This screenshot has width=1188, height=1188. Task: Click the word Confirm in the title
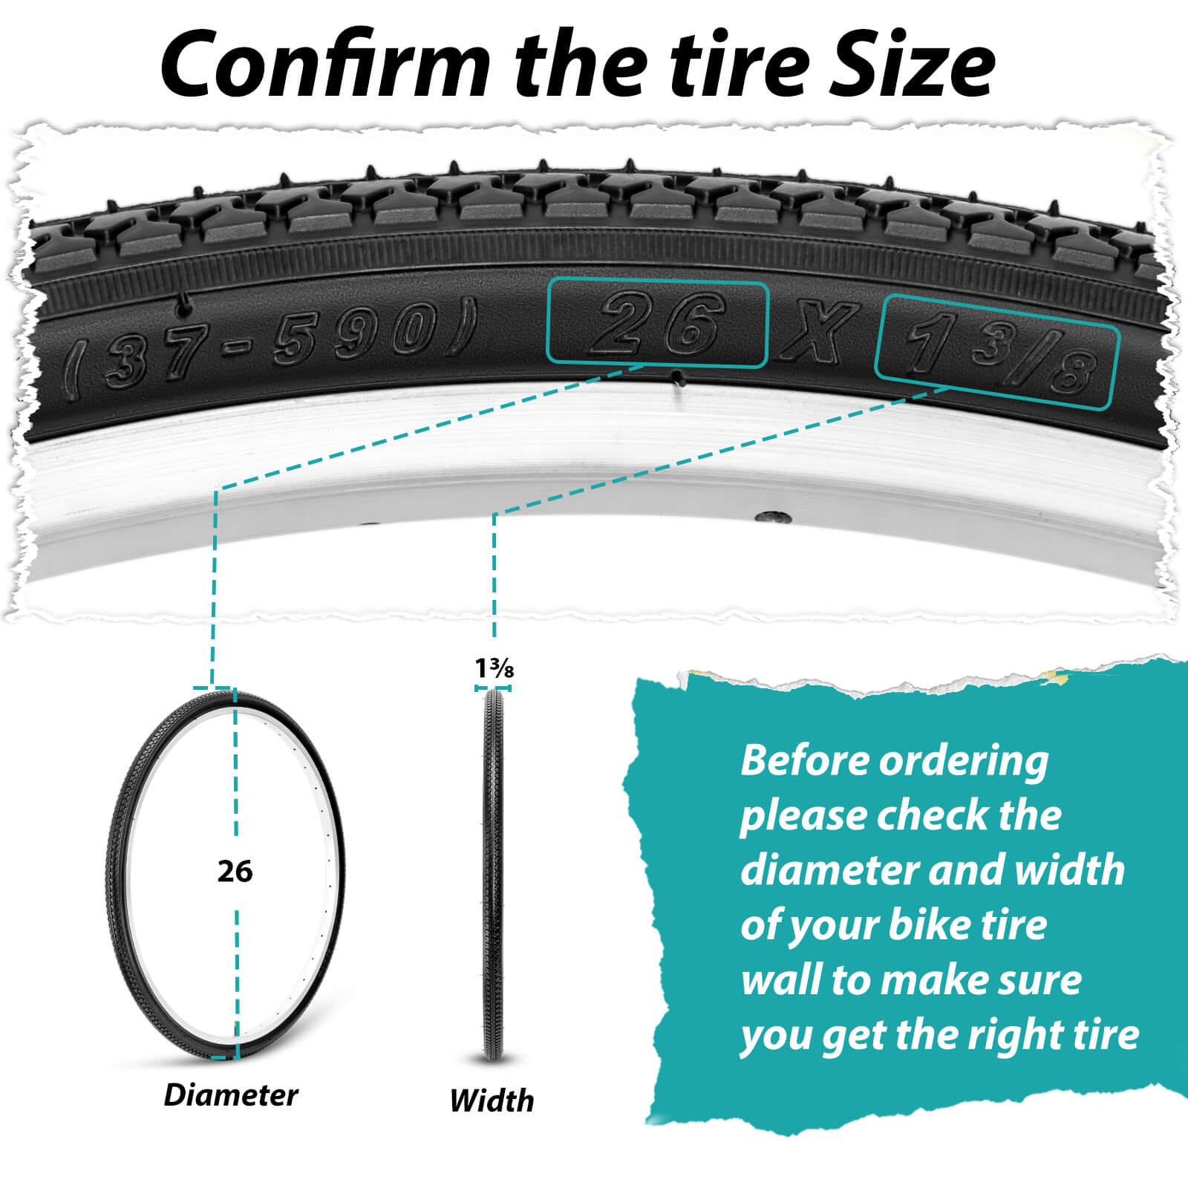[325, 64]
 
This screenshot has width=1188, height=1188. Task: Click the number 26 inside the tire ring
[235, 871]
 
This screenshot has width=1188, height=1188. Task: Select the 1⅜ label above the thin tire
[495, 668]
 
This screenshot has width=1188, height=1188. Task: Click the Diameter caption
[231, 1095]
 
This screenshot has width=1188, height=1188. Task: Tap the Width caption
[492, 1100]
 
